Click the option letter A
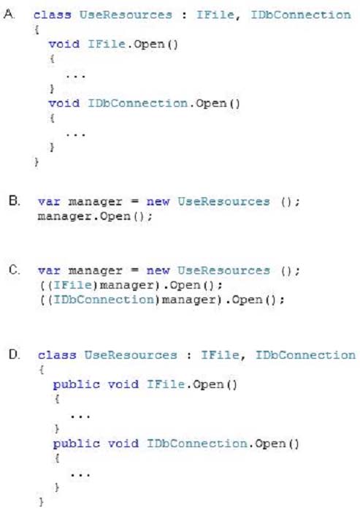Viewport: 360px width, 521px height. [9, 15]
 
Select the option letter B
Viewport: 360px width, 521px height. [15, 201]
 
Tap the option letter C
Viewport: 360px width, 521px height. [15, 270]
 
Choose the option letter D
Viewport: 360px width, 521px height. [15, 354]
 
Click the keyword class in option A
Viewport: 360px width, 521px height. [52, 15]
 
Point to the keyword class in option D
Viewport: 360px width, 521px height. [57, 355]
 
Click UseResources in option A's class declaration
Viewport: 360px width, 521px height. [126, 15]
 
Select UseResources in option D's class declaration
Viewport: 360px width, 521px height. [131, 355]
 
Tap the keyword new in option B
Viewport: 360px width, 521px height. [158, 202]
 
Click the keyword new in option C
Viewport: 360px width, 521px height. [158, 270]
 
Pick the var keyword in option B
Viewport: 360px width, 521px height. [49, 202]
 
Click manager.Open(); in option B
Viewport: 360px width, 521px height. [95, 216]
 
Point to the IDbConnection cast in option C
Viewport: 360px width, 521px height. [104, 300]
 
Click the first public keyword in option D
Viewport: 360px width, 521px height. [77, 385]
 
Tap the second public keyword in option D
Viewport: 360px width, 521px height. [77, 444]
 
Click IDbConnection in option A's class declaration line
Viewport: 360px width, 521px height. [301, 15]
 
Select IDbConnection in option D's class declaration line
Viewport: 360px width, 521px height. [305, 355]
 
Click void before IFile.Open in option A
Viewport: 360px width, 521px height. [64, 44]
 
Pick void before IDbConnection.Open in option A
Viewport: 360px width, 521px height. [64, 103]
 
